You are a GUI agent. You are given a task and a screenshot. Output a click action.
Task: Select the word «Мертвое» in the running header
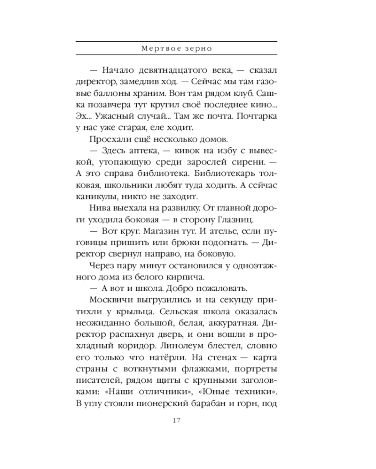160,49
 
